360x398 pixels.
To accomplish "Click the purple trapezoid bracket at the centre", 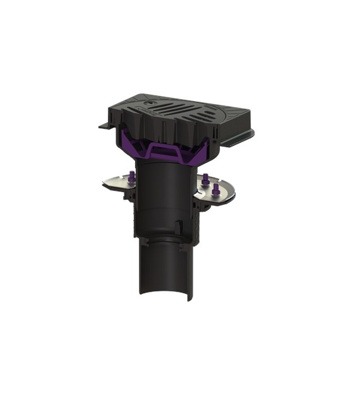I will (165, 151).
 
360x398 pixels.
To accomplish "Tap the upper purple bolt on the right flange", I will (206, 179).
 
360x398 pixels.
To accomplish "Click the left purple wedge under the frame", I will (129, 140).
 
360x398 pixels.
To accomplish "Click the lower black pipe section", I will (163, 268).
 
